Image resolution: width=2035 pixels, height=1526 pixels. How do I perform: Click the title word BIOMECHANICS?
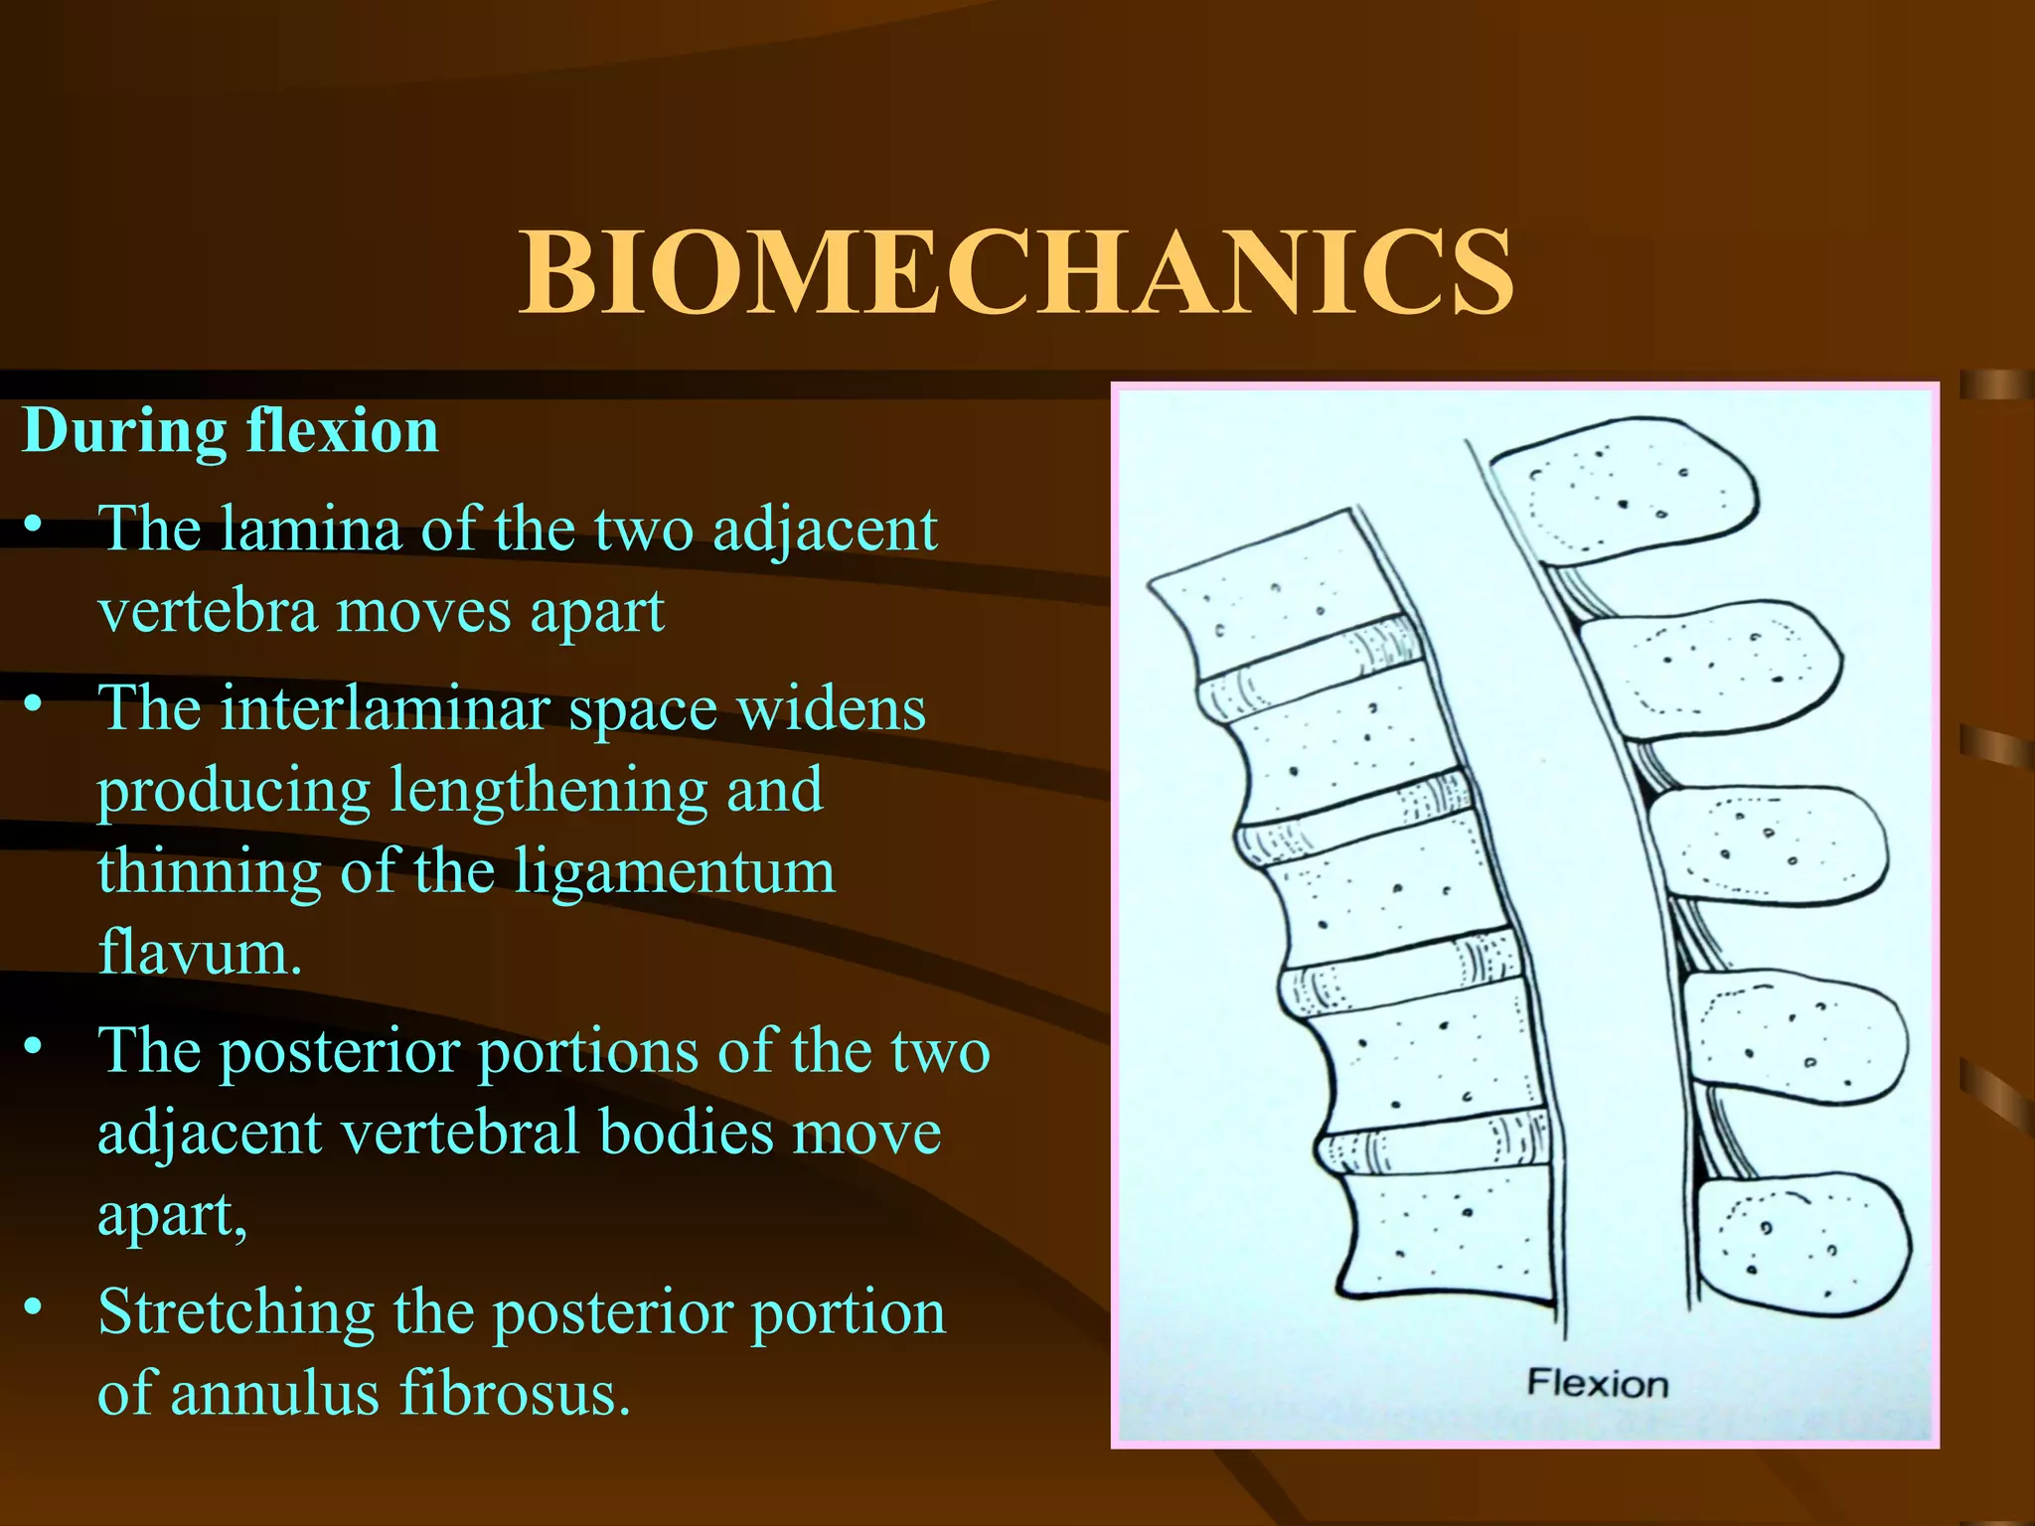click(x=1017, y=272)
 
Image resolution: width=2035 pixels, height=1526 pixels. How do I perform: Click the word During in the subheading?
click(x=124, y=431)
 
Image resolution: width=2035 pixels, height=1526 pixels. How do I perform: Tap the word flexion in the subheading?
click(x=343, y=431)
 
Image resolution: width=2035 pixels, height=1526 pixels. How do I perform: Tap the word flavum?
click(x=199, y=953)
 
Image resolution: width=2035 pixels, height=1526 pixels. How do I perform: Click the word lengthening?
click(x=548, y=791)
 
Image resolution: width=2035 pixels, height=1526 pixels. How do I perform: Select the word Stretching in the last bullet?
click(x=235, y=1312)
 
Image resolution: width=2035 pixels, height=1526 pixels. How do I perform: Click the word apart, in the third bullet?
click(x=172, y=1214)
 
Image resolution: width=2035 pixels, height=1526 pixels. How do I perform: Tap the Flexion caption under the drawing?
click(x=1597, y=1384)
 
